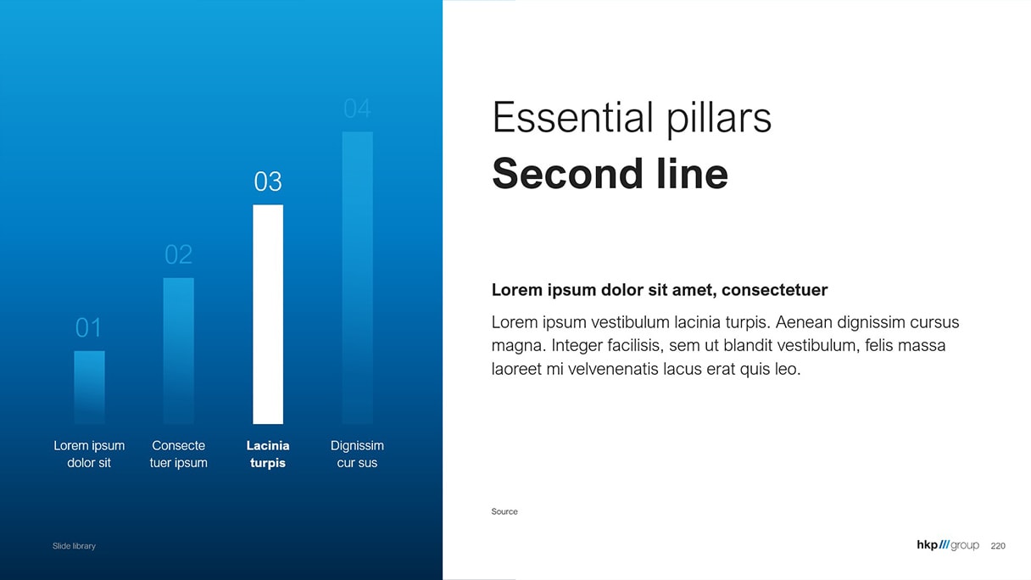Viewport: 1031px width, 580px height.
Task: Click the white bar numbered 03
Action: click(x=268, y=315)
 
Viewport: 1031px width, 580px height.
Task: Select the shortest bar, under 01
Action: click(x=89, y=388)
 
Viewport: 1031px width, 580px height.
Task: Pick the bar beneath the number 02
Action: click(x=179, y=351)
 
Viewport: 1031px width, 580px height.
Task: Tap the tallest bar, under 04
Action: click(x=358, y=277)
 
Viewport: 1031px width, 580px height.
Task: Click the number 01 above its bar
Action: click(x=88, y=328)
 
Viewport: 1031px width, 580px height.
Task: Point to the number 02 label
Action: click(x=179, y=254)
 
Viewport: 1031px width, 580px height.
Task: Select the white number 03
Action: click(x=268, y=181)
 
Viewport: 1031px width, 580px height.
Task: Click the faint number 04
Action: click(x=357, y=109)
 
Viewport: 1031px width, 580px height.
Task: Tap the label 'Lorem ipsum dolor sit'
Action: click(x=89, y=454)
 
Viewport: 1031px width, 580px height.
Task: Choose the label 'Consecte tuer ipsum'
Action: click(x=179, y=454)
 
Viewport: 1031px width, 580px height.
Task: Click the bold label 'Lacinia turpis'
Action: click(x=268, y=454)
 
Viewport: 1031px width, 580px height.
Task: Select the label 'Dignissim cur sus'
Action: click(x=357, y=454)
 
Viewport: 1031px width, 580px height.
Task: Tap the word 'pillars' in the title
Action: click(x=719, y=119)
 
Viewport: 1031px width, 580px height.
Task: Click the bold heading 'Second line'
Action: click(x=610, y=174)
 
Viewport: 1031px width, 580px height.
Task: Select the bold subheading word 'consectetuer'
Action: click(x=775, y=290)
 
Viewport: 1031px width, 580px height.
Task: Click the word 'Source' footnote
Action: click(x=504, y=511)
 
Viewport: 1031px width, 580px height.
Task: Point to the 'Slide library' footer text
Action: click(x=74, y=546)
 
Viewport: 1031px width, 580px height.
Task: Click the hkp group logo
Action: click(x=948, y=545)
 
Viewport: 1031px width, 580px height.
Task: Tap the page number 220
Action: click(x=998, y=546)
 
